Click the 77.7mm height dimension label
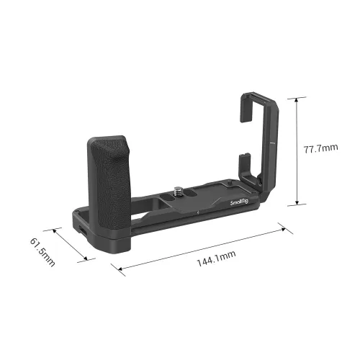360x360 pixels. (320, 149)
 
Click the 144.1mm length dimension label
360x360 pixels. (204, 254)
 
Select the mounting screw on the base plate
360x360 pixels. (178, 192)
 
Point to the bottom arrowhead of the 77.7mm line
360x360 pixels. (296, 204)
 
